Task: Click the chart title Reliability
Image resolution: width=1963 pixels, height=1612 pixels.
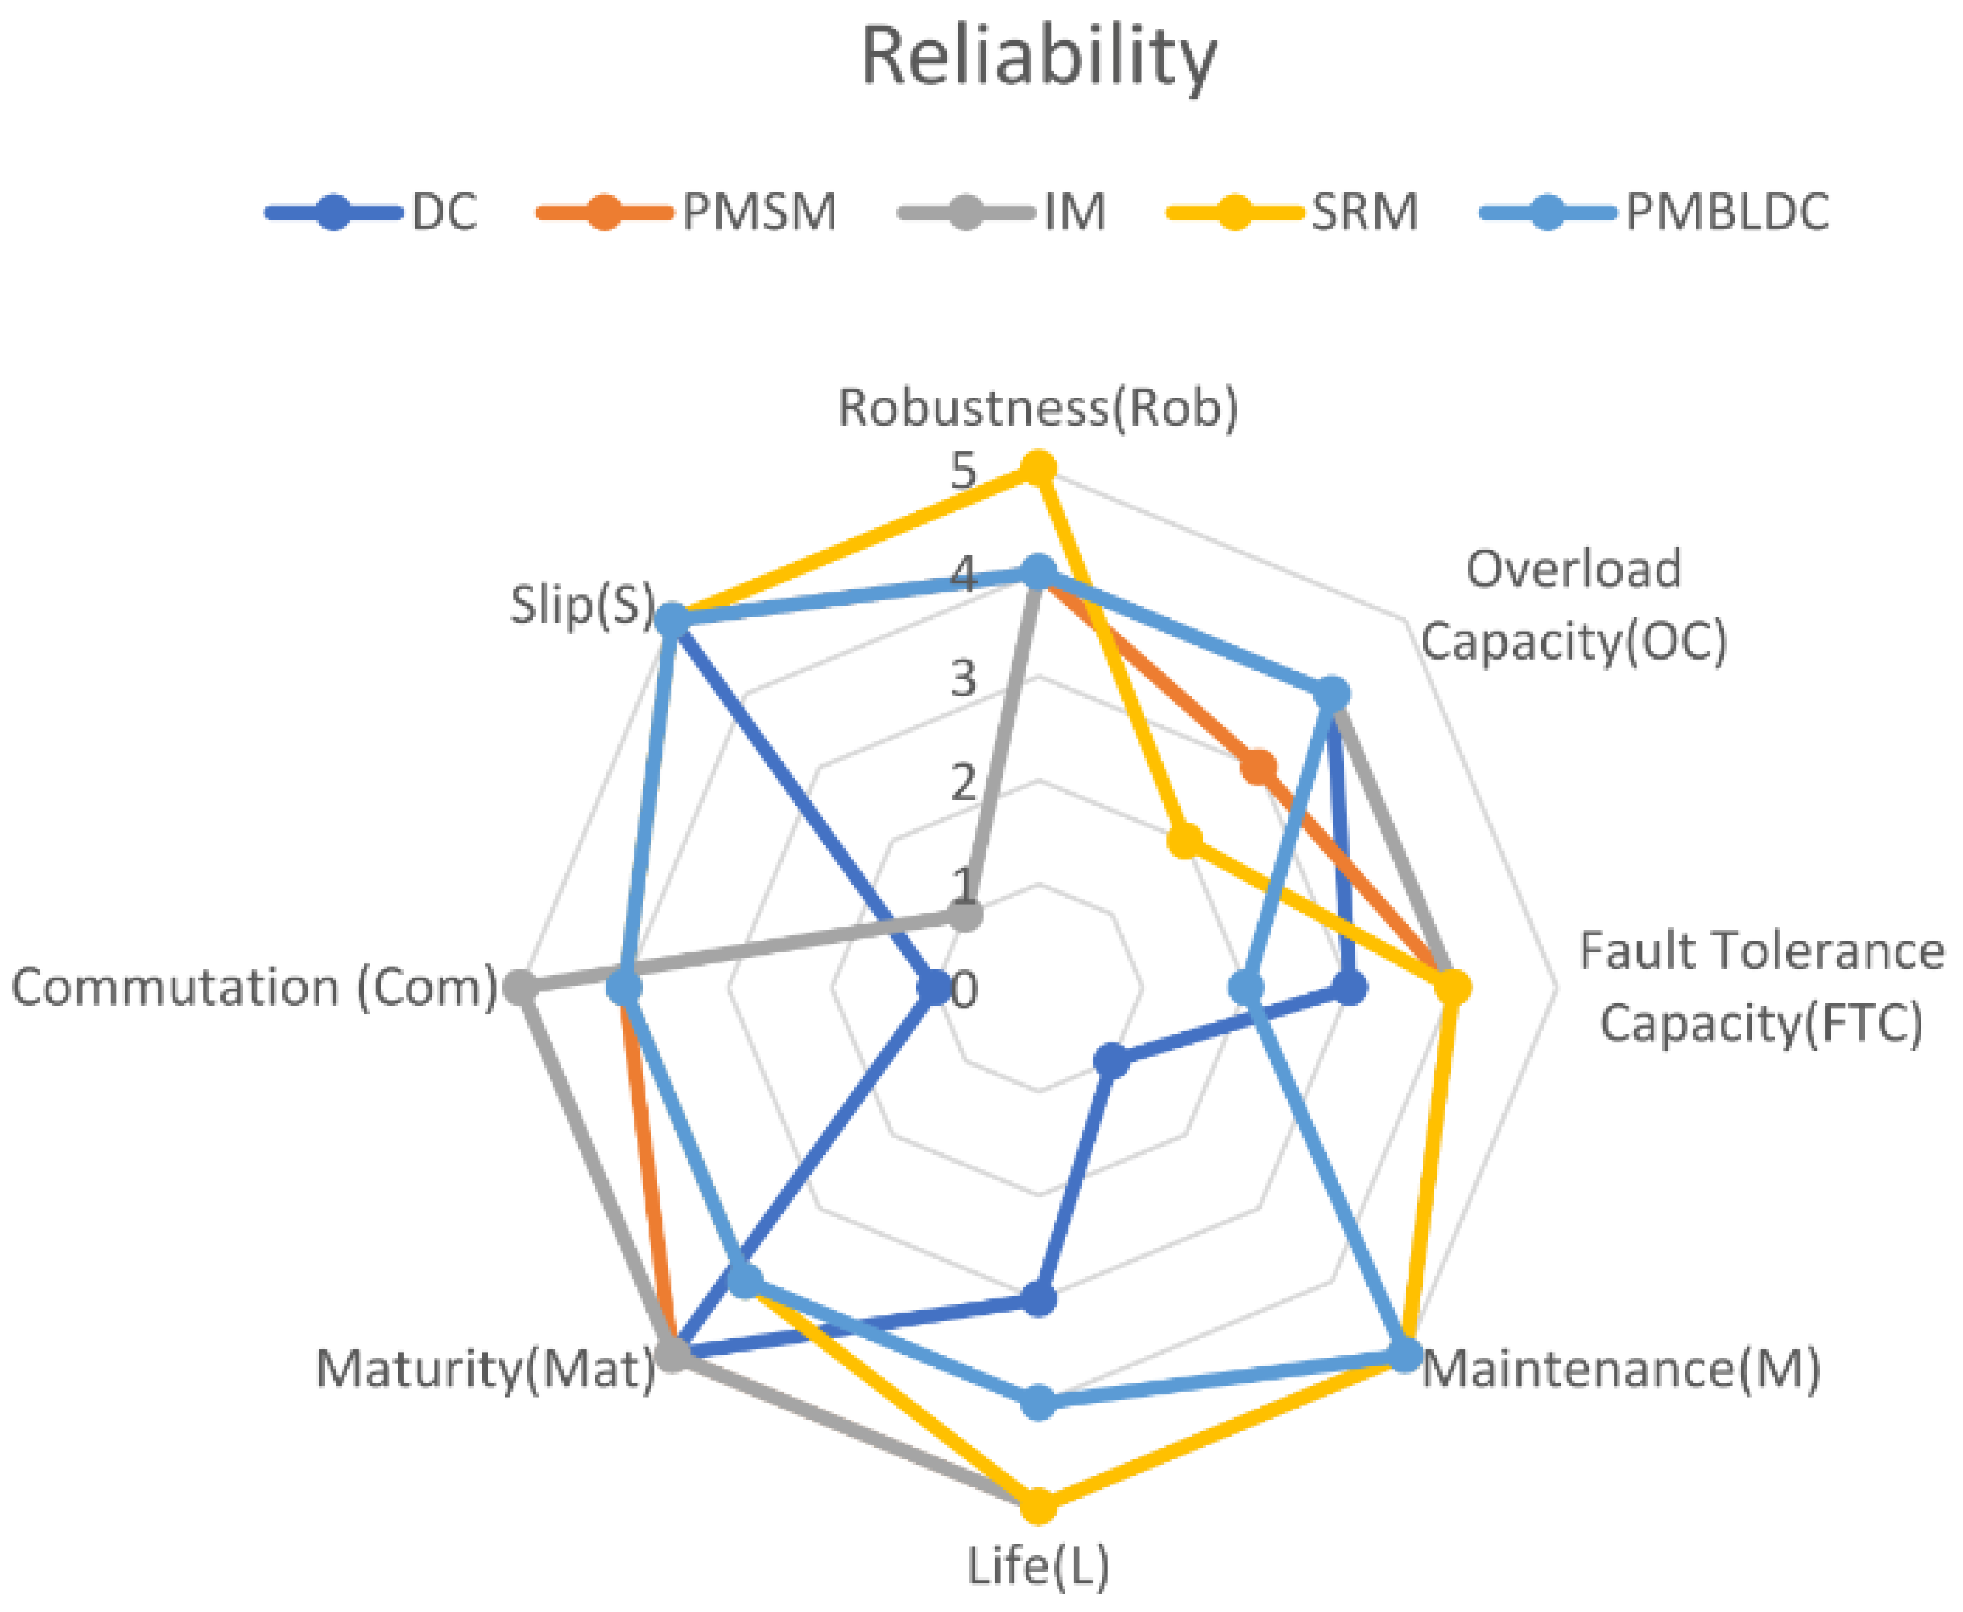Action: tap(1038, 57)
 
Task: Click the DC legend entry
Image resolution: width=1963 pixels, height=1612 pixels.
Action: tap(444, 212)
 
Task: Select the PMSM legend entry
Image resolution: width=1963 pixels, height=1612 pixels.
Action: tap(759, 212)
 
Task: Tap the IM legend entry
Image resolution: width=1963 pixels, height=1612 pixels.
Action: tap(1074, 212)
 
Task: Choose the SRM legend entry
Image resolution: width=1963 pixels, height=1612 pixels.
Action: tap(1363, 212)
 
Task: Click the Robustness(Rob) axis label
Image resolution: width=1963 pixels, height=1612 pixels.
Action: tap(1038, 407)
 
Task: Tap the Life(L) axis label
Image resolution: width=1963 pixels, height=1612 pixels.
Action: tap(1038, 1566)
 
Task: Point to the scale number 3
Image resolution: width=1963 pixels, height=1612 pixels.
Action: tap(964, 679)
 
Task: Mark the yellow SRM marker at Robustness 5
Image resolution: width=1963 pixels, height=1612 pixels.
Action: tap(1038, 469)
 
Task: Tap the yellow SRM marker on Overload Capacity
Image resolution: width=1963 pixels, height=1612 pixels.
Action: tap(1184, 842)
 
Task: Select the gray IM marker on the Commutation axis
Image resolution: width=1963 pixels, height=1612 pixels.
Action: tap(520, 988)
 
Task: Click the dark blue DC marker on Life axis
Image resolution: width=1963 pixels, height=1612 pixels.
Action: tap(1038, 1299)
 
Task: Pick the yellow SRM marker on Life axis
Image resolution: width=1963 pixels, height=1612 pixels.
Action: tap(1038, 1506)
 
